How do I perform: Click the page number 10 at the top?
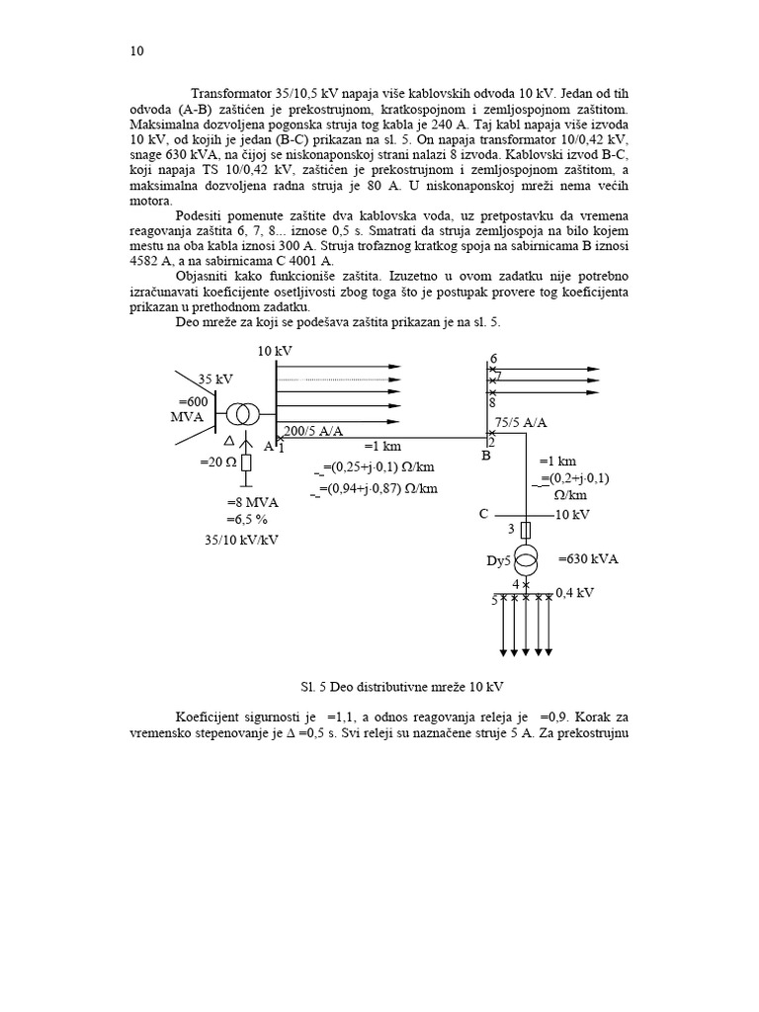136,52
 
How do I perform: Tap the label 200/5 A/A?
314,431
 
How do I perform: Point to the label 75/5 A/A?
521,422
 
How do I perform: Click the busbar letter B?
486,457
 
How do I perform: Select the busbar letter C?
483,514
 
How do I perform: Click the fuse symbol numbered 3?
526,531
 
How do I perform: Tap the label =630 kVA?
588,558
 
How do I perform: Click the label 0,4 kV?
575,593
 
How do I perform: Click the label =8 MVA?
255,502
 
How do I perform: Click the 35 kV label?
215,379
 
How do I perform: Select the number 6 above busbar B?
494,359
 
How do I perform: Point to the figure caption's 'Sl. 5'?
289,686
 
